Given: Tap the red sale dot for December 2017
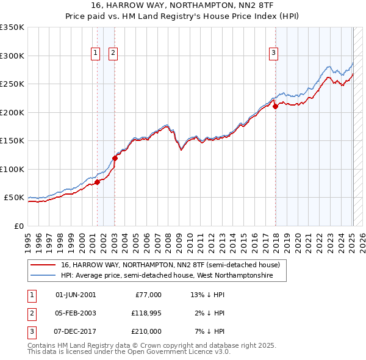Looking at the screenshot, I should (275, 106).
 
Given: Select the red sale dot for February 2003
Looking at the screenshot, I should (115, 158).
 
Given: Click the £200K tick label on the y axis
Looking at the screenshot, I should (12, 112).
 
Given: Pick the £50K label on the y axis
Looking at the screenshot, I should (14, 198).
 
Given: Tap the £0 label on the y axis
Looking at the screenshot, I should (20, 226).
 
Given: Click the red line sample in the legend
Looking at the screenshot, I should (43, 265).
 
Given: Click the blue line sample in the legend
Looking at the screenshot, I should (43, 276).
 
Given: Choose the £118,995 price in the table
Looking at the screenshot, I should (146, 313).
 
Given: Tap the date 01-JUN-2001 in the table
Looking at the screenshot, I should (76, 295).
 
